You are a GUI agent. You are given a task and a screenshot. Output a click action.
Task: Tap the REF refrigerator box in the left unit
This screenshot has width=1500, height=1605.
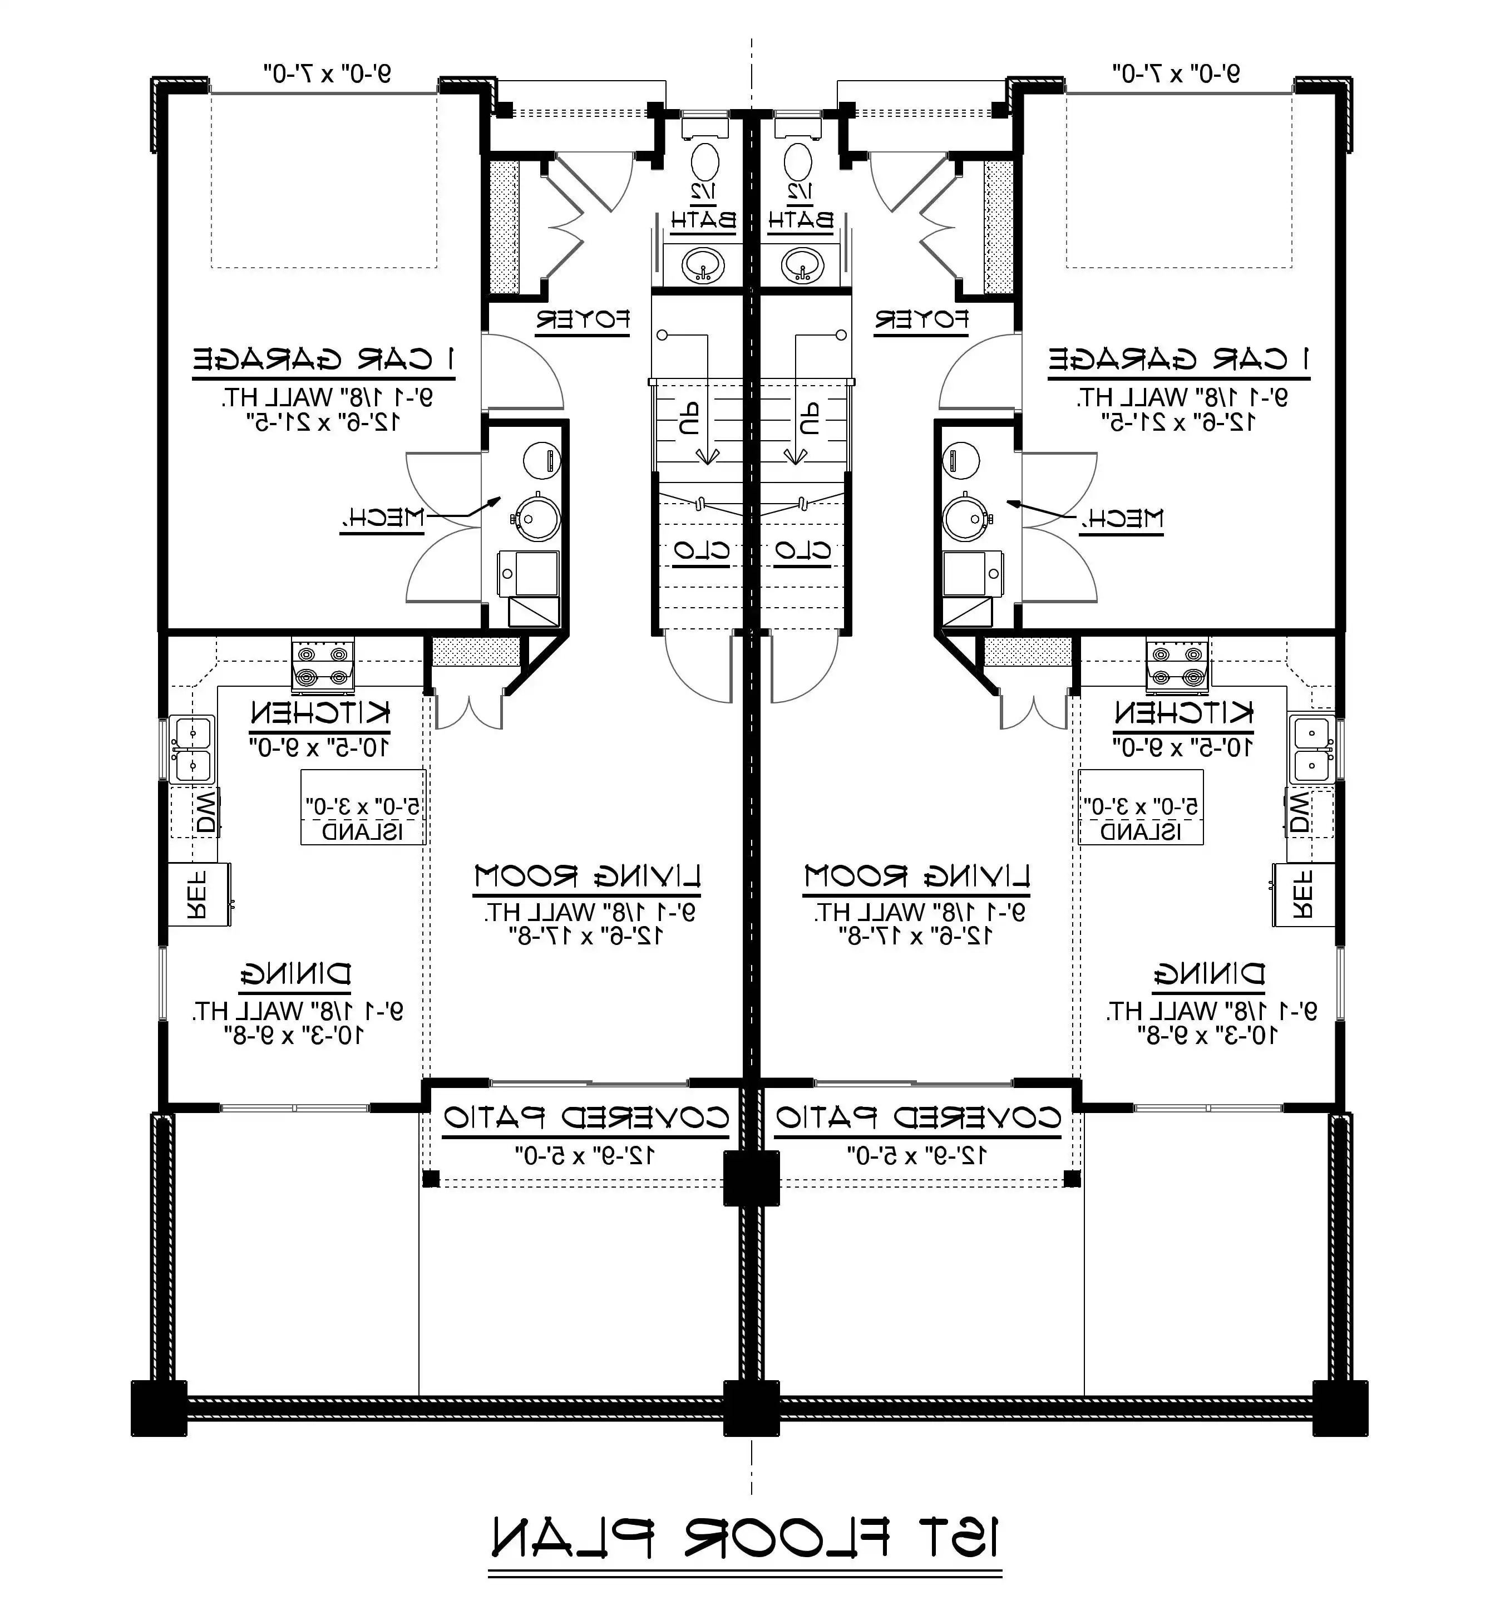click(x=199, y=894)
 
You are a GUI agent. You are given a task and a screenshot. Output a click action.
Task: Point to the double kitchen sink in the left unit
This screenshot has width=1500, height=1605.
click(x=191, y=749)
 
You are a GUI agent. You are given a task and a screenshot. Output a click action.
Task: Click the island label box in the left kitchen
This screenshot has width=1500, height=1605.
click(x=363, y=808)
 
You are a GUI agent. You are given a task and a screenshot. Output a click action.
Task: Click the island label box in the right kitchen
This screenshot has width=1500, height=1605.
click(x=1140, y=808)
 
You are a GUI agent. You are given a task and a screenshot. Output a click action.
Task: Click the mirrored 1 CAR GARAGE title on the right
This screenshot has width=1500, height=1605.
click(x=1178, y=360)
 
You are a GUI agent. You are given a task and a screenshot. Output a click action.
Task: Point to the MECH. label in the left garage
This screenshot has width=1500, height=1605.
click(x=382, y=518)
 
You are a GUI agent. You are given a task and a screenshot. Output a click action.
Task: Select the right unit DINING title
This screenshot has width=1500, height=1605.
click(x=1208, y=974)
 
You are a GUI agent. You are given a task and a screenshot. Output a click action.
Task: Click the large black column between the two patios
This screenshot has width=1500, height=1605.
click(x=751, y=1178)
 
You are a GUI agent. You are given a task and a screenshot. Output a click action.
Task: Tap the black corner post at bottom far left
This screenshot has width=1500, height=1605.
click(x=159, y=1408)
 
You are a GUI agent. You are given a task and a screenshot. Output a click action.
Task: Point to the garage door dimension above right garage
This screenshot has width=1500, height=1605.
click(x=1176, y=74)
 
